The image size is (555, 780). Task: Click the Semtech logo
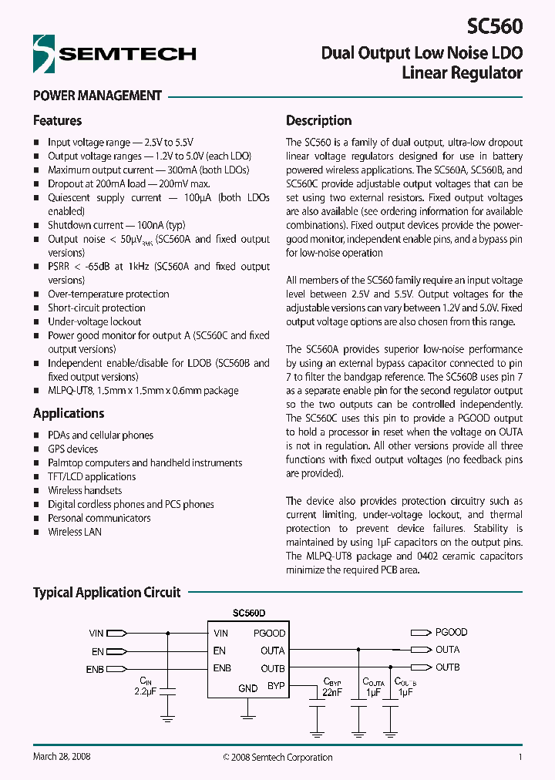pos(114,53)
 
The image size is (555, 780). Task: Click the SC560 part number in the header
pos(495,26)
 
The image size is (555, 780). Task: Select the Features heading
pos(57,120)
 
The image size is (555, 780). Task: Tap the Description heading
pos(318,120)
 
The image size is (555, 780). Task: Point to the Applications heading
pos(69,413)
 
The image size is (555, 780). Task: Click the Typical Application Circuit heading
pos(106,593)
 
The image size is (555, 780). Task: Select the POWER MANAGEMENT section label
pos(97,96)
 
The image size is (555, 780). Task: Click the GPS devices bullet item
pos(72,449)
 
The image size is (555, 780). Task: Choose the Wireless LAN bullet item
pos(75,532)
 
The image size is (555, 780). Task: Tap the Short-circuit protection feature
pos(96,308)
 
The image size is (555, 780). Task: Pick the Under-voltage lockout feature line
pos(94,321)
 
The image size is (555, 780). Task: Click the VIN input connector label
pos(96,633)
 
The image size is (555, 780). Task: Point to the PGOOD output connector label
pos(451,632)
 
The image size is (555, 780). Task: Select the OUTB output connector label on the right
pos(447,667)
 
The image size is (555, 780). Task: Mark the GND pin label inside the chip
pos(247,688)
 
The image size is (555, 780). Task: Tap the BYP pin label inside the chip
pos(275,685)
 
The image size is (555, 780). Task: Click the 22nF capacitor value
pos(331,693)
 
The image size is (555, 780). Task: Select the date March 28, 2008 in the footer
pos(62,757)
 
